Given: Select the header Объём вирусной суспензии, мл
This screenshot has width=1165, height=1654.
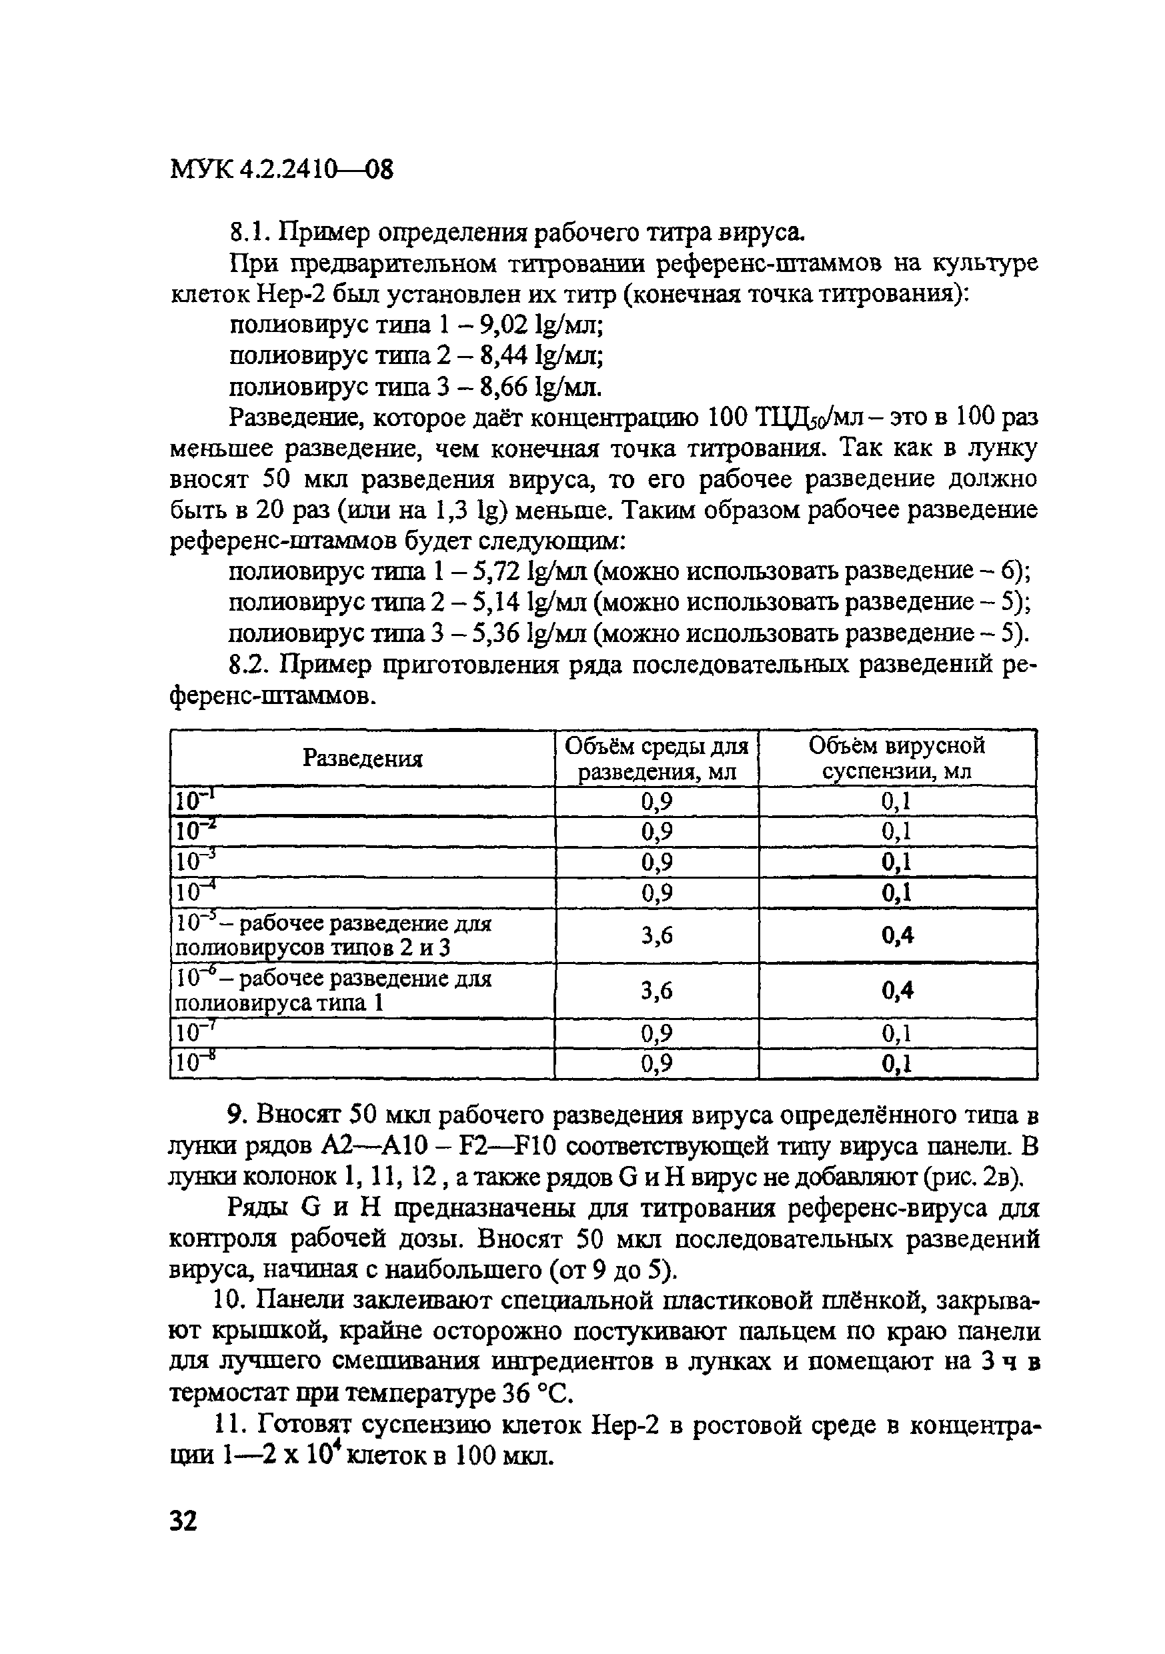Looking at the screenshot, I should click(897, 758).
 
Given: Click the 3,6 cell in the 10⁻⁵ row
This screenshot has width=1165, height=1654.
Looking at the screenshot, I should click(656, 935).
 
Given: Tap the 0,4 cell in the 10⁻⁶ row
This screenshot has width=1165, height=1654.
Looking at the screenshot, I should click(897, 991).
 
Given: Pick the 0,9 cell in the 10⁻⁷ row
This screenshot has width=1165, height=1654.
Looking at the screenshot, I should click(656, 1034).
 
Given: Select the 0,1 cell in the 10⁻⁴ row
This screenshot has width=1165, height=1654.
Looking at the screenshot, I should click(897, 893).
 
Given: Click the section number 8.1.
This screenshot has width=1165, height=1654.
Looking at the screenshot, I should click(249, 233).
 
